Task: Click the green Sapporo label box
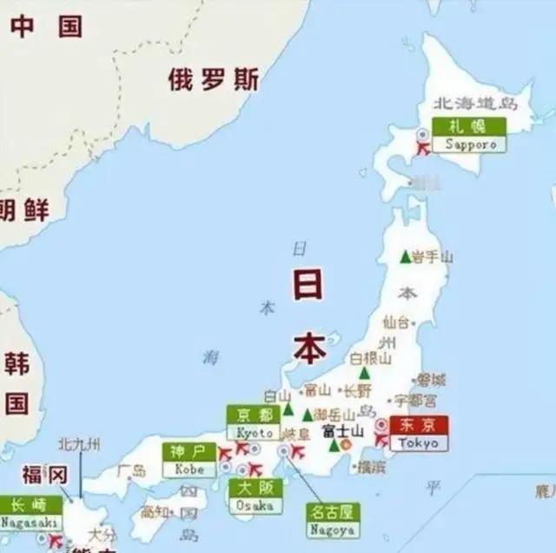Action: click(x=470, y=136)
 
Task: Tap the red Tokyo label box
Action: click(x=419, y=433)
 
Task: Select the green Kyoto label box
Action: click(x=254, y=423)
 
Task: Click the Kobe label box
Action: click(x=189, y=460)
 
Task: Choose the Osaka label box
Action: click(x=255, y=496)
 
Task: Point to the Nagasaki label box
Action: click(x=30, y=514)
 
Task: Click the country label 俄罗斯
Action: click(x=214, y=80)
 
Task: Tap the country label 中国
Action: click(x=47, y=26)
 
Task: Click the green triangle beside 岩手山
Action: click(x=405, y=257)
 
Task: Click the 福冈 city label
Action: click(x=44, y=475)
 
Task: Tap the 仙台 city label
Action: click(x=396, y=322)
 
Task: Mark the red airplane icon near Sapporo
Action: click(x=423, y=149)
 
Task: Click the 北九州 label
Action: click(x=79, y=445)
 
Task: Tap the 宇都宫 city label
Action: click(x=415, y=401)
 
